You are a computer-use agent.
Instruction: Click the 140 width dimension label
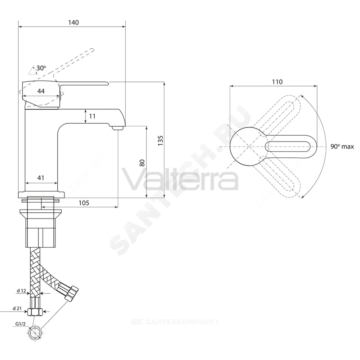pyautogui.click(x=73, y=22)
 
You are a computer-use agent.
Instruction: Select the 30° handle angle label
pyautogui.click(x=41, y=68)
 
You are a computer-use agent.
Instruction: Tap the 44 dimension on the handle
pyautogui.click(x=41, y=91)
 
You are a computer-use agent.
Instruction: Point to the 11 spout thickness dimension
pyautogui.click(x=92, y=116)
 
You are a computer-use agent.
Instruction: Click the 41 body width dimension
pyautogui.click(x=41, y=178)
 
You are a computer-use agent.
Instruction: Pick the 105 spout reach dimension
pyautogui.click(x=84, y=203)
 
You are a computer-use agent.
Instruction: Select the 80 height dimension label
pyautogui.click(x=142, y=163)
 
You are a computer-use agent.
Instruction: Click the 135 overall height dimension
pyautogui.click(x=160, y=140)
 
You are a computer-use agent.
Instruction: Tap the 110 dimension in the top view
pyautogui.click(x=277, y=82)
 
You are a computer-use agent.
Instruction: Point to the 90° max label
pyautogui.click(x=342, y=147)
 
